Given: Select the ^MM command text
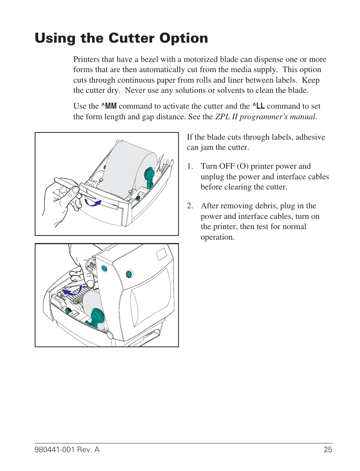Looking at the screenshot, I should click(x=109, y=106).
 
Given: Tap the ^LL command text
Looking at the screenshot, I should click(x=258, y=106).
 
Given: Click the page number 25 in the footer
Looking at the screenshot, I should click(x=328, y=449).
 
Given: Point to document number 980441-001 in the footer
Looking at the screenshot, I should click(x=54, y=449).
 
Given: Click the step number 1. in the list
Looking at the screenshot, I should click(x=190, y=166).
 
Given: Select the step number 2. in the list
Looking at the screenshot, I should click(x=190, y=206).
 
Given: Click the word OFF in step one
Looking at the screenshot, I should click(x=227, y=166).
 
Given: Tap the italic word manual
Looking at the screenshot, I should click(x=302, y=117).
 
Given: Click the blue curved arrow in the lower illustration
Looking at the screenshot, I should click(x=72, y=291).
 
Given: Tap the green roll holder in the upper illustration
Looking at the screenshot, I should click(x=149, y=177).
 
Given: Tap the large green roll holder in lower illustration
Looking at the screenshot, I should click(x=97, y=317).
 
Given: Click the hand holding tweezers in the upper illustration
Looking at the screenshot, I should click(x=60, y=200).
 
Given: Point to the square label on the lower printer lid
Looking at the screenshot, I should click(x=161, y=254).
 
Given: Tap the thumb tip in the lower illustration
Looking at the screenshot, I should click(x=90, y=284).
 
